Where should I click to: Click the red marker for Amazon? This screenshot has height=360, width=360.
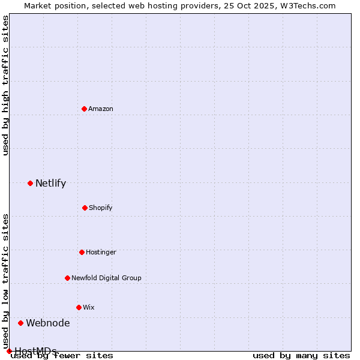[84, 109]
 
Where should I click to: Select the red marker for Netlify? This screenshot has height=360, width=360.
[30, 183]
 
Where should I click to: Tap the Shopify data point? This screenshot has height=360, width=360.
[85, 208]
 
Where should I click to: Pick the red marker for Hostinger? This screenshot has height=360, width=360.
[82, 252]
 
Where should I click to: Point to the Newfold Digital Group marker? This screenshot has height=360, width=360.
[67, 278]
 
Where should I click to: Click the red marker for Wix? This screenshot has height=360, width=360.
[79, 307]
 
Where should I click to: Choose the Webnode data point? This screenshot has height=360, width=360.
[20, 323]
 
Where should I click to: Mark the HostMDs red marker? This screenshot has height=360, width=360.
[9, 351]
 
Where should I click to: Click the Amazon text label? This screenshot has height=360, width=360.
[101, 109]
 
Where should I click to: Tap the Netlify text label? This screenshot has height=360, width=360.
[50, 183]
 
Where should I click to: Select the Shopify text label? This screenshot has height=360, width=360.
[101, 208]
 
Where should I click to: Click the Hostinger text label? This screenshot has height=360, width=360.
[101, 252]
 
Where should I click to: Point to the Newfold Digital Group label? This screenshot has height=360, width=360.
[106, 278]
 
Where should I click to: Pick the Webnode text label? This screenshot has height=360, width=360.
[47, 323]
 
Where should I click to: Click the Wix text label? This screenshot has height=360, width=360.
[89, 307]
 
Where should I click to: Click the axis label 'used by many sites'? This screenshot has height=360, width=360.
[301, 355]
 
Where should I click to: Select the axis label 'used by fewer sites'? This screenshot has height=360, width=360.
[62, 355]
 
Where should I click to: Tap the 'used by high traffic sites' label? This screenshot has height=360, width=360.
[5, 85]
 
